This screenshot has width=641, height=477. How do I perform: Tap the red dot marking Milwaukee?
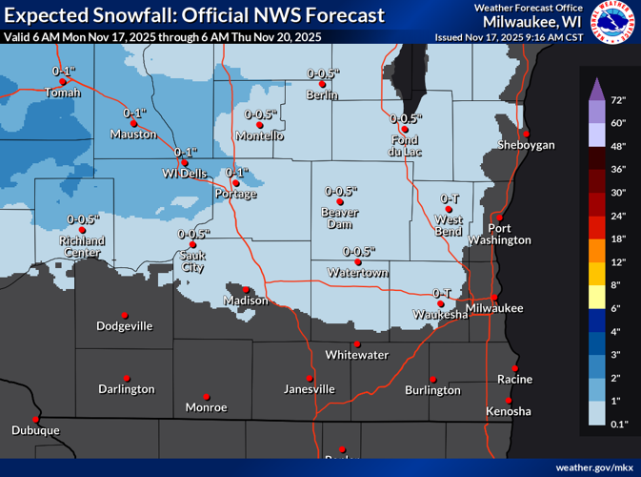click(x=493, y=298)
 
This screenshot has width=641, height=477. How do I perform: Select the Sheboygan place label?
click(x=526, y=145)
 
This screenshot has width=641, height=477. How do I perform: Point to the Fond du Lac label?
click(x=405, y=145)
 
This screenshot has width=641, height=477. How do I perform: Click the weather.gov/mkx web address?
click(x=593, y=467)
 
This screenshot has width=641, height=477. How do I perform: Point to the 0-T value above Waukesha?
click(x=441, y=293)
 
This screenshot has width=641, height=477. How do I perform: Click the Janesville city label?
click(x=310, y=389)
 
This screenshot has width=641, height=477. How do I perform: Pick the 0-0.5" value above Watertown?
click(x=358, y=251)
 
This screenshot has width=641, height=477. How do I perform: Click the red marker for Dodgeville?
click(x=125, y=315)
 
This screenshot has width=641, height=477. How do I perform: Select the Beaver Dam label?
click(x=339, y=218)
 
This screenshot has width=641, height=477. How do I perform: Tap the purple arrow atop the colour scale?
click(x=591, y=89)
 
